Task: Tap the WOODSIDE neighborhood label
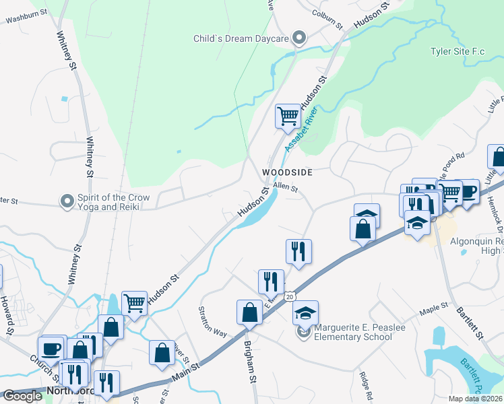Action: (x=288, y=172)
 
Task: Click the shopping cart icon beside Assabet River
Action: (x=288, y=116)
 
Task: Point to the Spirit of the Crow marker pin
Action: (x=67, y=201)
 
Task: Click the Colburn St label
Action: (x=327, y=19)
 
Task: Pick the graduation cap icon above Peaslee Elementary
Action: (x=305, y=313)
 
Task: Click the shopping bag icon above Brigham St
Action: (x=249, y=312)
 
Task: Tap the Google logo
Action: (x=22, y=396)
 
